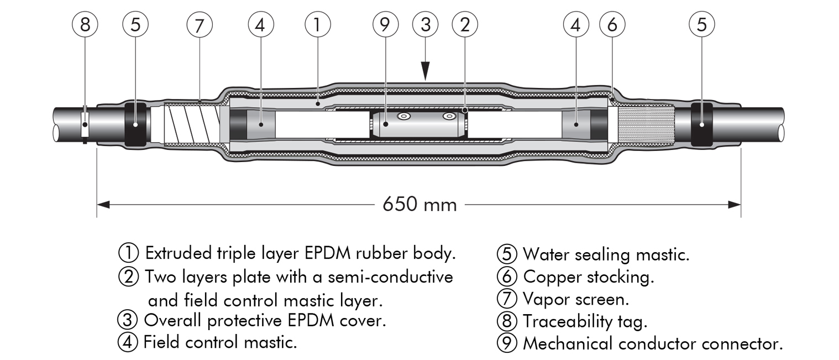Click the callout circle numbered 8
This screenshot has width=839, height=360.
(x=85, y=25)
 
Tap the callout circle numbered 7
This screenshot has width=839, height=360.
(x=200, y=25)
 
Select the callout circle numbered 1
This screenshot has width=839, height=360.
(x=318, y=25)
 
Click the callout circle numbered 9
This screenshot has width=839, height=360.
(x=385, y=25)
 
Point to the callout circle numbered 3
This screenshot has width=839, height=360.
(x=425, y=25)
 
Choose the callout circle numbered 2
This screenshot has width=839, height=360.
(x=465, y=25)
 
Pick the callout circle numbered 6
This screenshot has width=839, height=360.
(x=612, y=25)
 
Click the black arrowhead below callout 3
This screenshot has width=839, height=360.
(x=425, y=71)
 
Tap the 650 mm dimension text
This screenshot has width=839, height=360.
(x=420, y=205)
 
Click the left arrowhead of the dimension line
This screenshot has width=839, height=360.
(x=103, y=205)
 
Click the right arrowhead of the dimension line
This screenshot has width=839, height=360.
(x=734, y=205)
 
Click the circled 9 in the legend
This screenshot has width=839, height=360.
(x=507, y=343)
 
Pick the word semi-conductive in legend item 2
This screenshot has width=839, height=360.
(x=390, y=277)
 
